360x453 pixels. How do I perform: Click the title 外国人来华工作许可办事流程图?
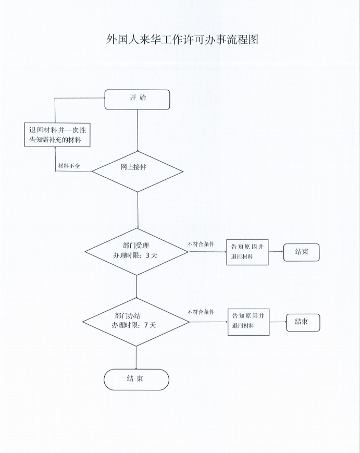(182, 40)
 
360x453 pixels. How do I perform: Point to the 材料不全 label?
(69, 166)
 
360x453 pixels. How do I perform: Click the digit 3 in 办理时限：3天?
(147, 255)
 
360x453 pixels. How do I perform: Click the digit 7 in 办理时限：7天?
(146, 325)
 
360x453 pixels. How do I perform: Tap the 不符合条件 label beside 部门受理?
(201, 244)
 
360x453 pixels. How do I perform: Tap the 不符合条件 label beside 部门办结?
(201, 312)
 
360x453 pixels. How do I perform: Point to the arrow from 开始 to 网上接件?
(138, 131)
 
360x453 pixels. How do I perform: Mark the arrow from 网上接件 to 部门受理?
(138, 210)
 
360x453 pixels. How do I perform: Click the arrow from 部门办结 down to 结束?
(136, 358)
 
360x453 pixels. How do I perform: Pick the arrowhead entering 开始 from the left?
(103, 98)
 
